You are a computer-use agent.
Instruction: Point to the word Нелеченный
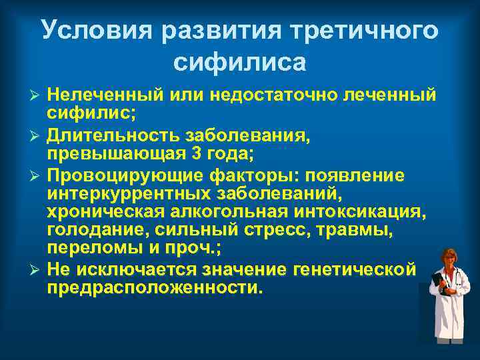[99, 95]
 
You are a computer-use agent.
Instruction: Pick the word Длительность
[105, 135]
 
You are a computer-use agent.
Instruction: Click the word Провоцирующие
[113, 176]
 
